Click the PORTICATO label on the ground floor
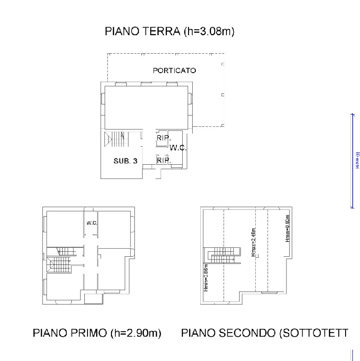[x=174, y=70]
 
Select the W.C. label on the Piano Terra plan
[x=178, y=148]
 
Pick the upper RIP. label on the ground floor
[x=163, y=138]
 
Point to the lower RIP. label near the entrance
[x=163, y=160]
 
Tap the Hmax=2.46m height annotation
[x=254, y=243]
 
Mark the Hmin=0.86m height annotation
[x=206, y=280]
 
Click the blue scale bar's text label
[x=356, y=160]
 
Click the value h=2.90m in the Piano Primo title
[x=137, y=333]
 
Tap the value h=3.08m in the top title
[x=208, y=32]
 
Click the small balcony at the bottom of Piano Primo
[x=93, y=298]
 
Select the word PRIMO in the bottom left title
[x=87, y=333]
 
